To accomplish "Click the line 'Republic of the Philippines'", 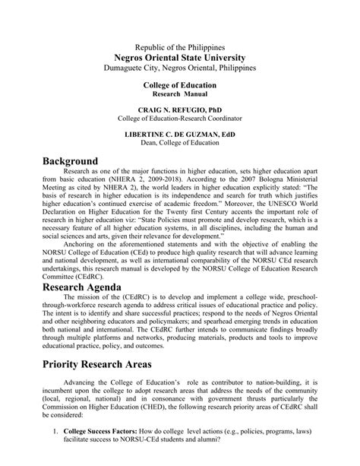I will [x=180, y=46].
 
